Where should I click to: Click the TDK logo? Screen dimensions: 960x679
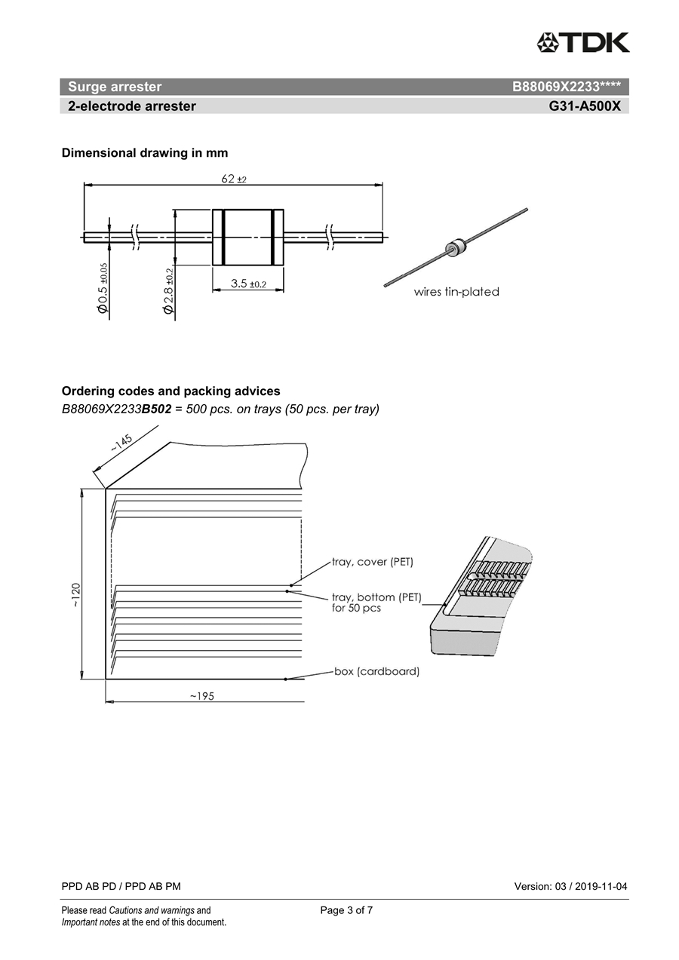583,42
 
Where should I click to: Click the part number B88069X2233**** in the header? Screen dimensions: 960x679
566,87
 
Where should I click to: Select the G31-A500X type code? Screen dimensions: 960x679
585,106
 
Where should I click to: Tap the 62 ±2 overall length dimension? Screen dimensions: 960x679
234,179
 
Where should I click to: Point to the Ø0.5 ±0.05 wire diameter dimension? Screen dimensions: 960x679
103,289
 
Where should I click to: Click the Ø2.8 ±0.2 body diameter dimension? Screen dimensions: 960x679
168,291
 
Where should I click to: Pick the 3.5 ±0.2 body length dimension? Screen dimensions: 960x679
247,284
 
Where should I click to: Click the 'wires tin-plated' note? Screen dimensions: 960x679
456,292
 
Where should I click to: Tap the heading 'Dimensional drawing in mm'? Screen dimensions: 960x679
145,153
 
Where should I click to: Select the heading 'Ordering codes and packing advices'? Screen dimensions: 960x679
171,391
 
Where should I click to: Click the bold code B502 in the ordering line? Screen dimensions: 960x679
156,409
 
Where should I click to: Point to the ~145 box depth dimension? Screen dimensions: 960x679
121,443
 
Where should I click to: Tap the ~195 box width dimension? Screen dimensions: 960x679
201,696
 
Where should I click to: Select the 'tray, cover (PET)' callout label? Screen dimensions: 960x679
373,562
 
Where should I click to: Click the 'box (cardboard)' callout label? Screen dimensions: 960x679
377,671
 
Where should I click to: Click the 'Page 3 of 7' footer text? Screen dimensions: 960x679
346,910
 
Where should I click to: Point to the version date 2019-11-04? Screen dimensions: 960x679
601,886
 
